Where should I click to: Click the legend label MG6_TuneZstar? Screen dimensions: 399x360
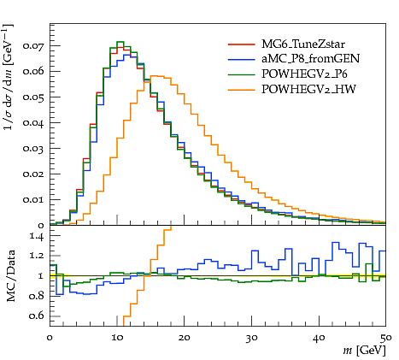click(303, 44)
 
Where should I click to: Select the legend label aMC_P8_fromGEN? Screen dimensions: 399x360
click(310, 59)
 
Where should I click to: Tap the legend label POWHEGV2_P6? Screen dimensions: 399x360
click(304, 74)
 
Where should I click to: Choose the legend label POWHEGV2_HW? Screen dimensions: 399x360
click(308, 90)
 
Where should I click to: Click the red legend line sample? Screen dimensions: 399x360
click(241, 44)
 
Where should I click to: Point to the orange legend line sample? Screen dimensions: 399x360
click(241, 90)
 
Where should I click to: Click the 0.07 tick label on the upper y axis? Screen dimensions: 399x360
click(33, 45)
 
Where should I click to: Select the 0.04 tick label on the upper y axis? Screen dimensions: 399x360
click(33, 123)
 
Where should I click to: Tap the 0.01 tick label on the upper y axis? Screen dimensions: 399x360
click(33, 200)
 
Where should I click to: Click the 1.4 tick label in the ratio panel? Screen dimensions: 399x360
click(37, 236)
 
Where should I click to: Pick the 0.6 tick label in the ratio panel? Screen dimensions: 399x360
click(37, 316)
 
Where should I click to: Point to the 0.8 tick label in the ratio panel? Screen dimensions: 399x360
click(37, 296)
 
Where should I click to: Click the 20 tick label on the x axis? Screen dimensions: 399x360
click(185, 338)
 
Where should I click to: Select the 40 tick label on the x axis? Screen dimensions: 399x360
click(319, 338)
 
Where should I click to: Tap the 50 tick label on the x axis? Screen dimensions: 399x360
click(386, 338)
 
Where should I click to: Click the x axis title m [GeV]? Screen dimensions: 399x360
click(364, 350)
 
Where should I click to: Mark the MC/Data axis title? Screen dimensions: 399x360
click(10, 276)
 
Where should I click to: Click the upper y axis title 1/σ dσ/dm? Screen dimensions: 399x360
click(9, 77)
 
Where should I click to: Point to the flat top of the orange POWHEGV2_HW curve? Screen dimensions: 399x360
click(157, 76)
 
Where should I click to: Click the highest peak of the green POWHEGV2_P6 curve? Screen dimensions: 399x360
click(120, 42)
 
